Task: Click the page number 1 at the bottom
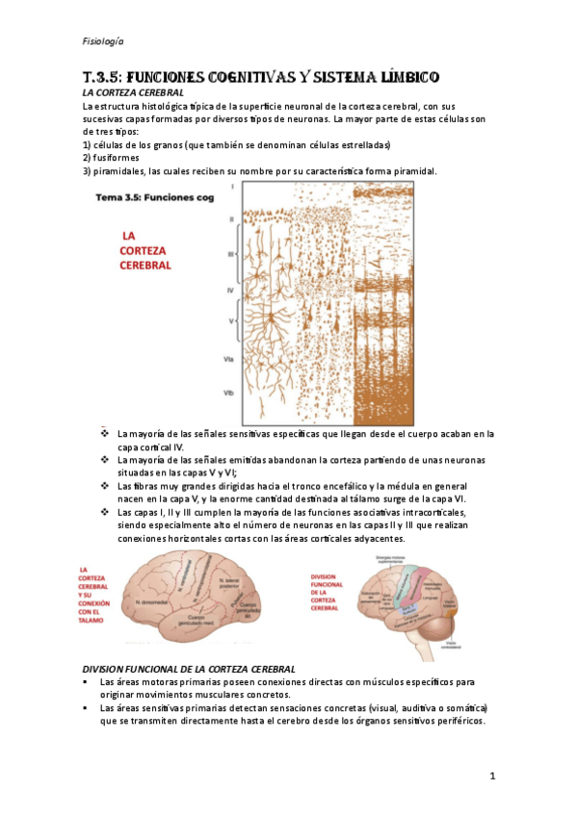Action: point(491,776)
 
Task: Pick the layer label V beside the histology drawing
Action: point(231,319)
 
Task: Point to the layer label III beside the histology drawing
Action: point(231,254)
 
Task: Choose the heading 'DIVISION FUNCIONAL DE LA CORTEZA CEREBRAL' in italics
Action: point(189,668)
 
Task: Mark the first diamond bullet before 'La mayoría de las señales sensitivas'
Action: point(105,434)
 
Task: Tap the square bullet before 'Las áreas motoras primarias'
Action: point(88,682)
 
